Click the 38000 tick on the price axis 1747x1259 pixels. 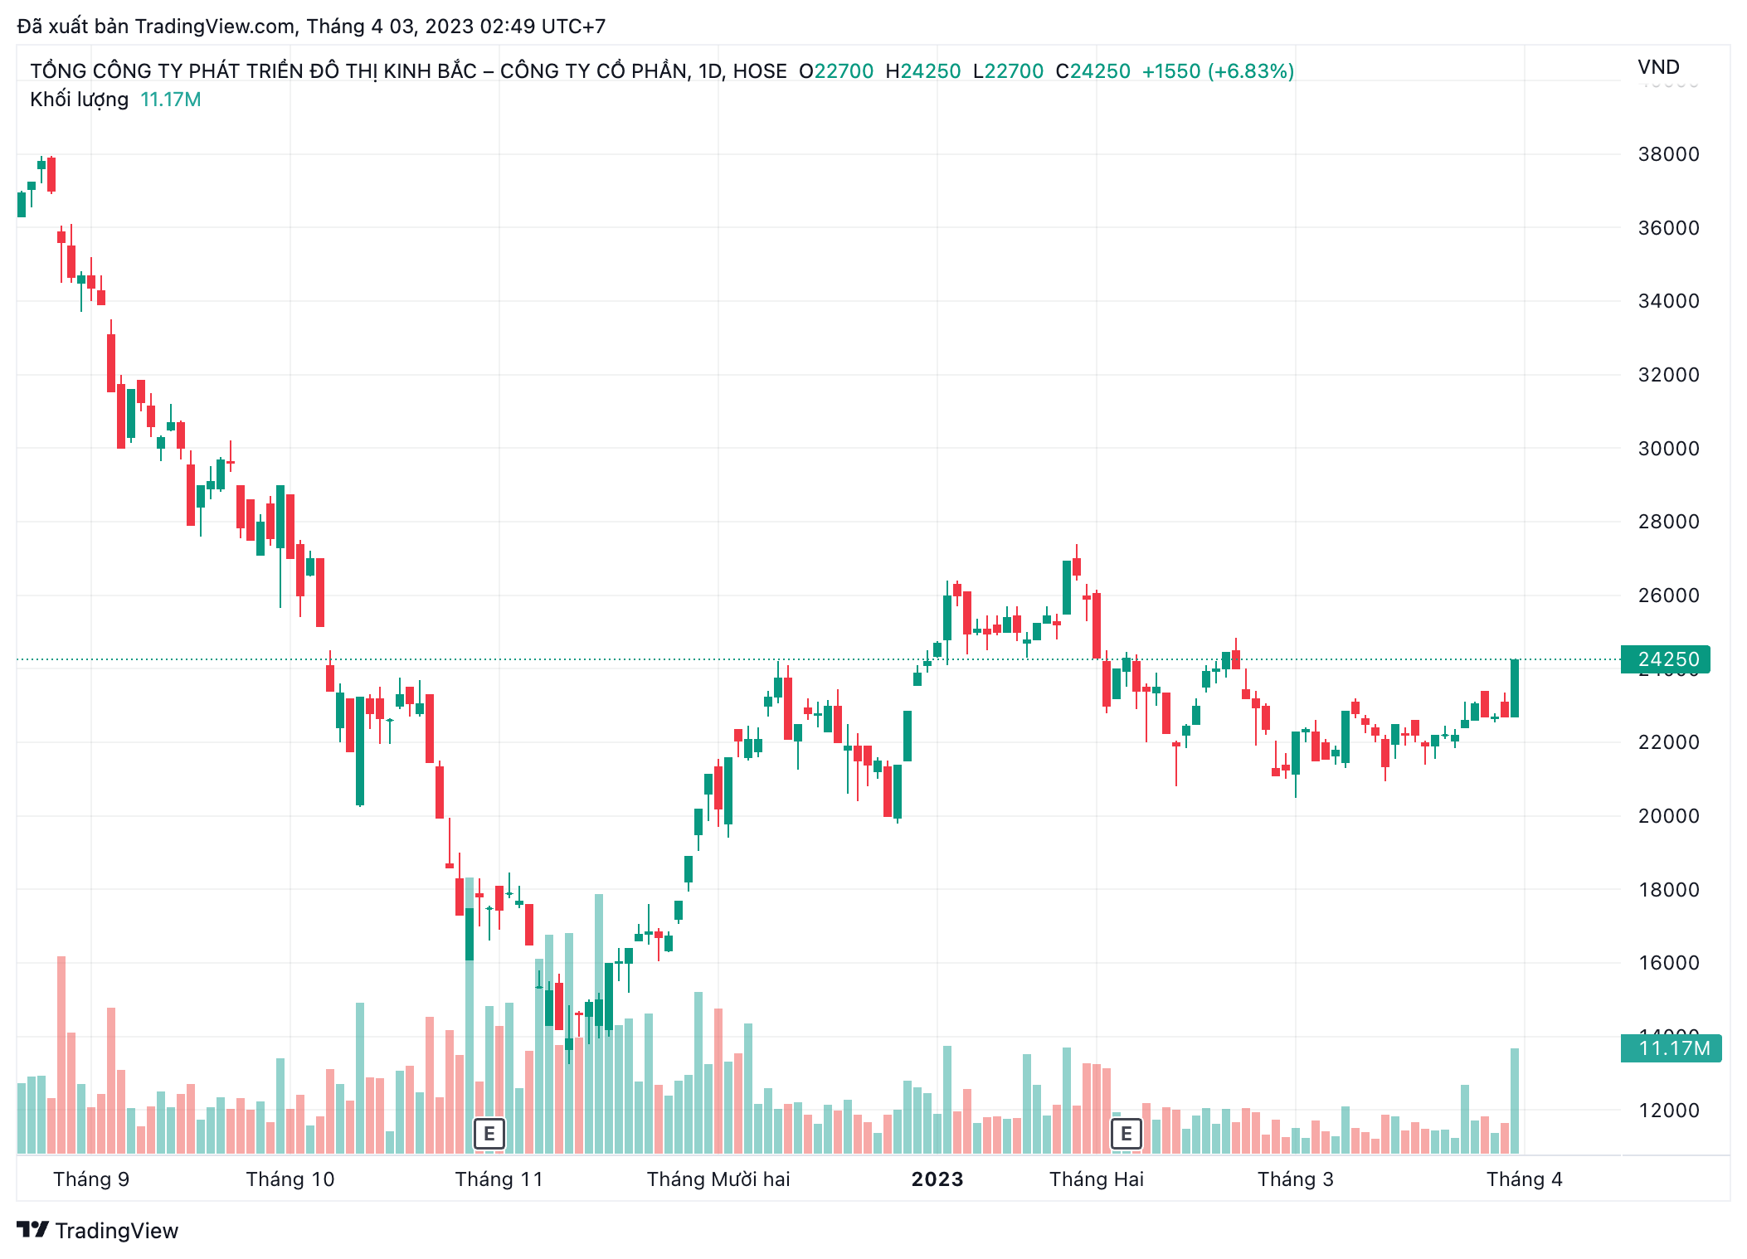(x=1667, y=154)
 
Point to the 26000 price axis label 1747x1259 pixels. (x=1667, y=595)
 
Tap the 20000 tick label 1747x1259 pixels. (x=1667, y=816)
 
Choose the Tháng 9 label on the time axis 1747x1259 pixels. (x=91, y=1179)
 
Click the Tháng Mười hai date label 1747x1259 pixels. (x=718, y=1179)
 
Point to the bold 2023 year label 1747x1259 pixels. (x=937, y=1179)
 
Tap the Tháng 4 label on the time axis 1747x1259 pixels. (x=1524, y=1179)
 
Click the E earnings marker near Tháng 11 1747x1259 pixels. (x=489, y=1134)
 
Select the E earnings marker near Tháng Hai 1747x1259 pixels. (x=1126, y=1134)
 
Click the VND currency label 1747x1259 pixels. (x=1658, y=67)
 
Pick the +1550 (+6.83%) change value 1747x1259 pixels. (x=1218, y=71)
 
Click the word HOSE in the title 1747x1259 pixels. (x=760, y=71)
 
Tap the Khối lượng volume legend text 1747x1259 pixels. (x=80, y=100)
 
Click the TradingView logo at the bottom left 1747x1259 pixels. (x=98, y=1231)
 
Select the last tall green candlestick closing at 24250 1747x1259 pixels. (x=1515, y=688)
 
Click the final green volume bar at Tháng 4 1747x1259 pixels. (x=1515, y=1101)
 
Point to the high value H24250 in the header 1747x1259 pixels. (x=922, y=71)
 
